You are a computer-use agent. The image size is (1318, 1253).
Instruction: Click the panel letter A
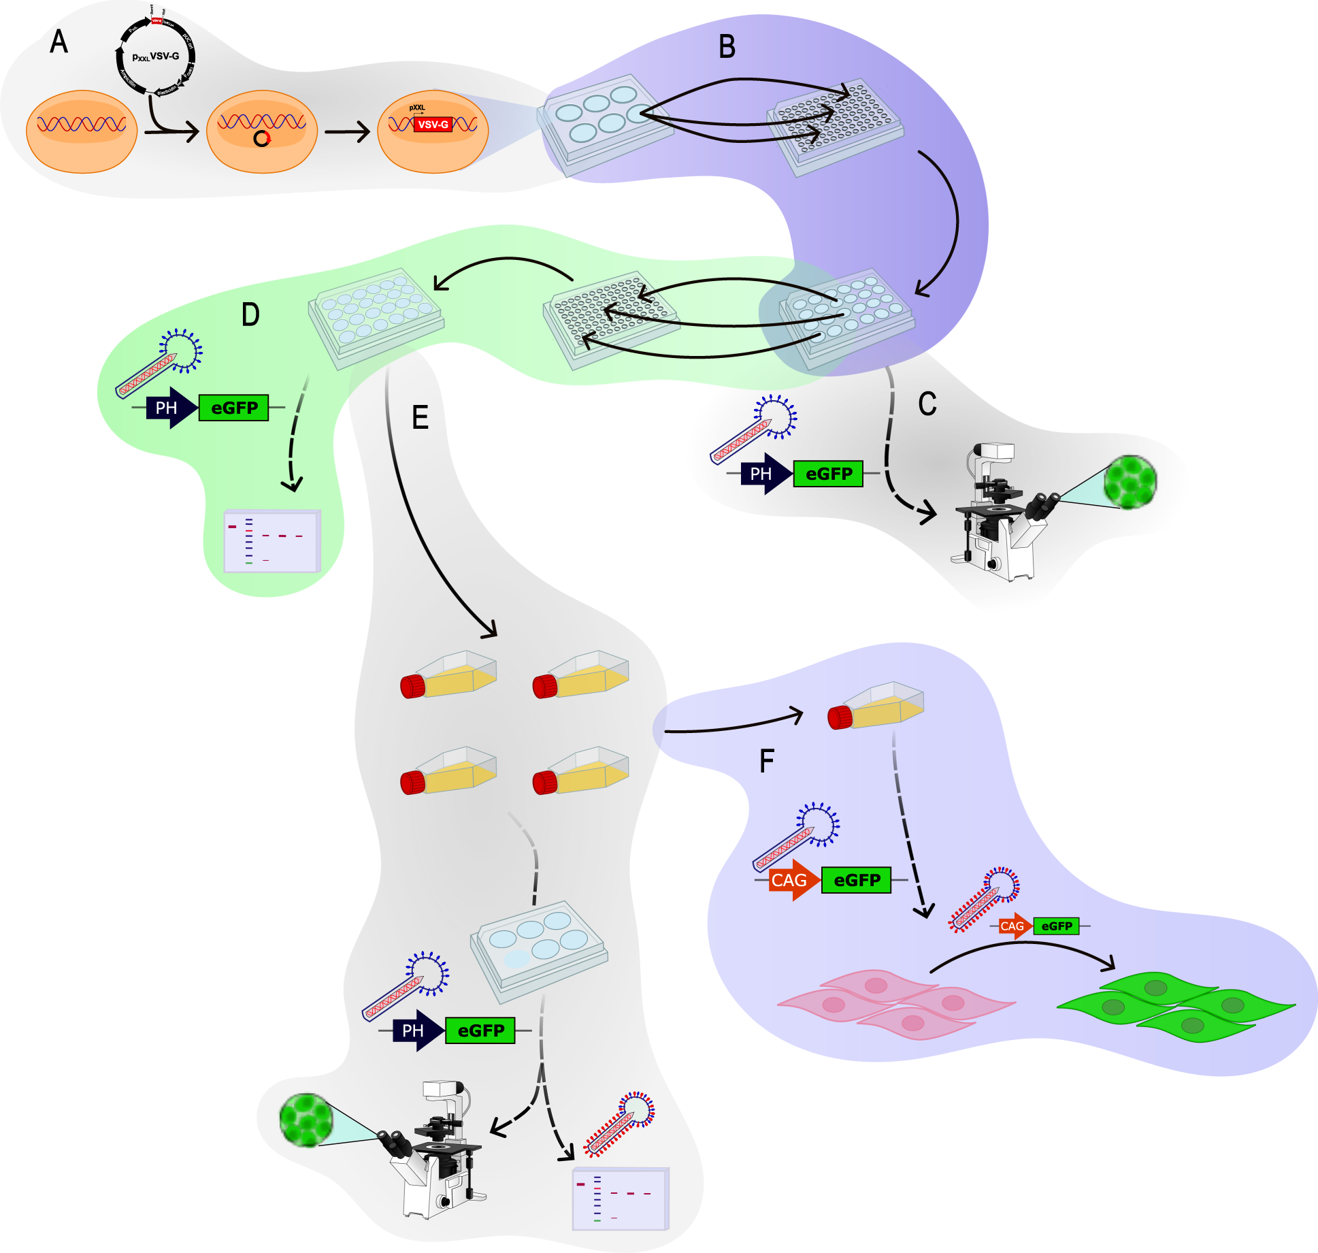point(59,42)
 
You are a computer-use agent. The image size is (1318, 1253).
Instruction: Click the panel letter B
point(727,47)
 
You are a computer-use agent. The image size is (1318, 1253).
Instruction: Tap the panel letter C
point(927,404)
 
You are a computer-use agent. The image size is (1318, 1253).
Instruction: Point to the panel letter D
point(250,314)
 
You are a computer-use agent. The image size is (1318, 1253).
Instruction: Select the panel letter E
point(421,417)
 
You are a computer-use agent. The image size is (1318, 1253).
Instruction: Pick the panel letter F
point(766,761)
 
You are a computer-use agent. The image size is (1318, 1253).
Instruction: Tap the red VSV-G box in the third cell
point(433,125)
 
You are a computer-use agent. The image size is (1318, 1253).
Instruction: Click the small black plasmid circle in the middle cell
point(262,139)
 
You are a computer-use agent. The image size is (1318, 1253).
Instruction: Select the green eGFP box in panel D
point(233,408)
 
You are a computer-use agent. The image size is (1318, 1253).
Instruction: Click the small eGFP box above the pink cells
point(1056,926)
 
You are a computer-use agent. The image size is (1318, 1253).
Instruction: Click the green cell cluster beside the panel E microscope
point(306,1120)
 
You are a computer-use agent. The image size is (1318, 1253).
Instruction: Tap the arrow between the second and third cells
point(347,131)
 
